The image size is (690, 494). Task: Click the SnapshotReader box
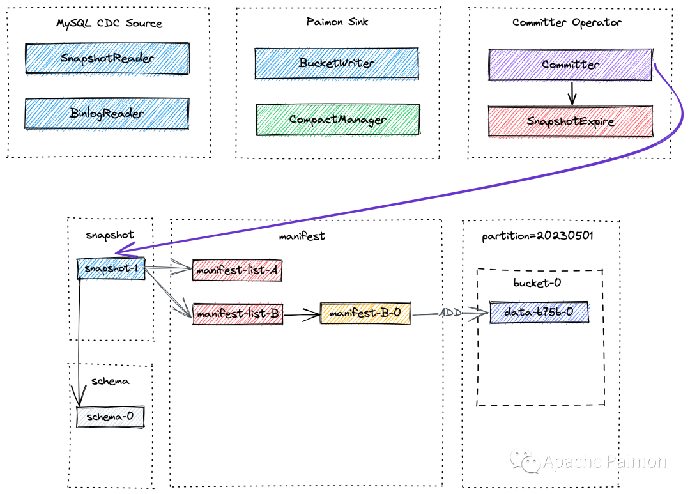(107, 59)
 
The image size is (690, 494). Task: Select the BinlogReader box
(107, 114)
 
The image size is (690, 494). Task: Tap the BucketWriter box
(337, 63)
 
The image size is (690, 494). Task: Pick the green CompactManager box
(338, 120)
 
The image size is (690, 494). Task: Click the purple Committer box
(571, 65)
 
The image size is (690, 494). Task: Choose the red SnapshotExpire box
(571, 121)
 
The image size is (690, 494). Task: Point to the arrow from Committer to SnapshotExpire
(572, 93)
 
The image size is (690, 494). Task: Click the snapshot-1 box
(111, 268)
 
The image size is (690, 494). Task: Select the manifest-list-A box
(237, 270)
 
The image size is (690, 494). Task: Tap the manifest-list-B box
(238, 314)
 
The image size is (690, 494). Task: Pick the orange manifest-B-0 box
(365, 313)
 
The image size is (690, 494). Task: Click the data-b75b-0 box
(539, 312)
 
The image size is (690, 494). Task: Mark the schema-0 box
(111, 417)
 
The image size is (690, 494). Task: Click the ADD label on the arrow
(450, 313)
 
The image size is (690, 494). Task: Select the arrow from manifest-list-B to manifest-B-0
(302, 314)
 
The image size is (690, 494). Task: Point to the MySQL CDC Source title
(109, 24)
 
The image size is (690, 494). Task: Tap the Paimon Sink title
(337, 22)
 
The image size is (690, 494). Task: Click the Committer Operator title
(567, 22)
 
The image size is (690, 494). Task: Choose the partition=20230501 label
(538, 236)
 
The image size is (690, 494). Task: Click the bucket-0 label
(537, 282)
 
